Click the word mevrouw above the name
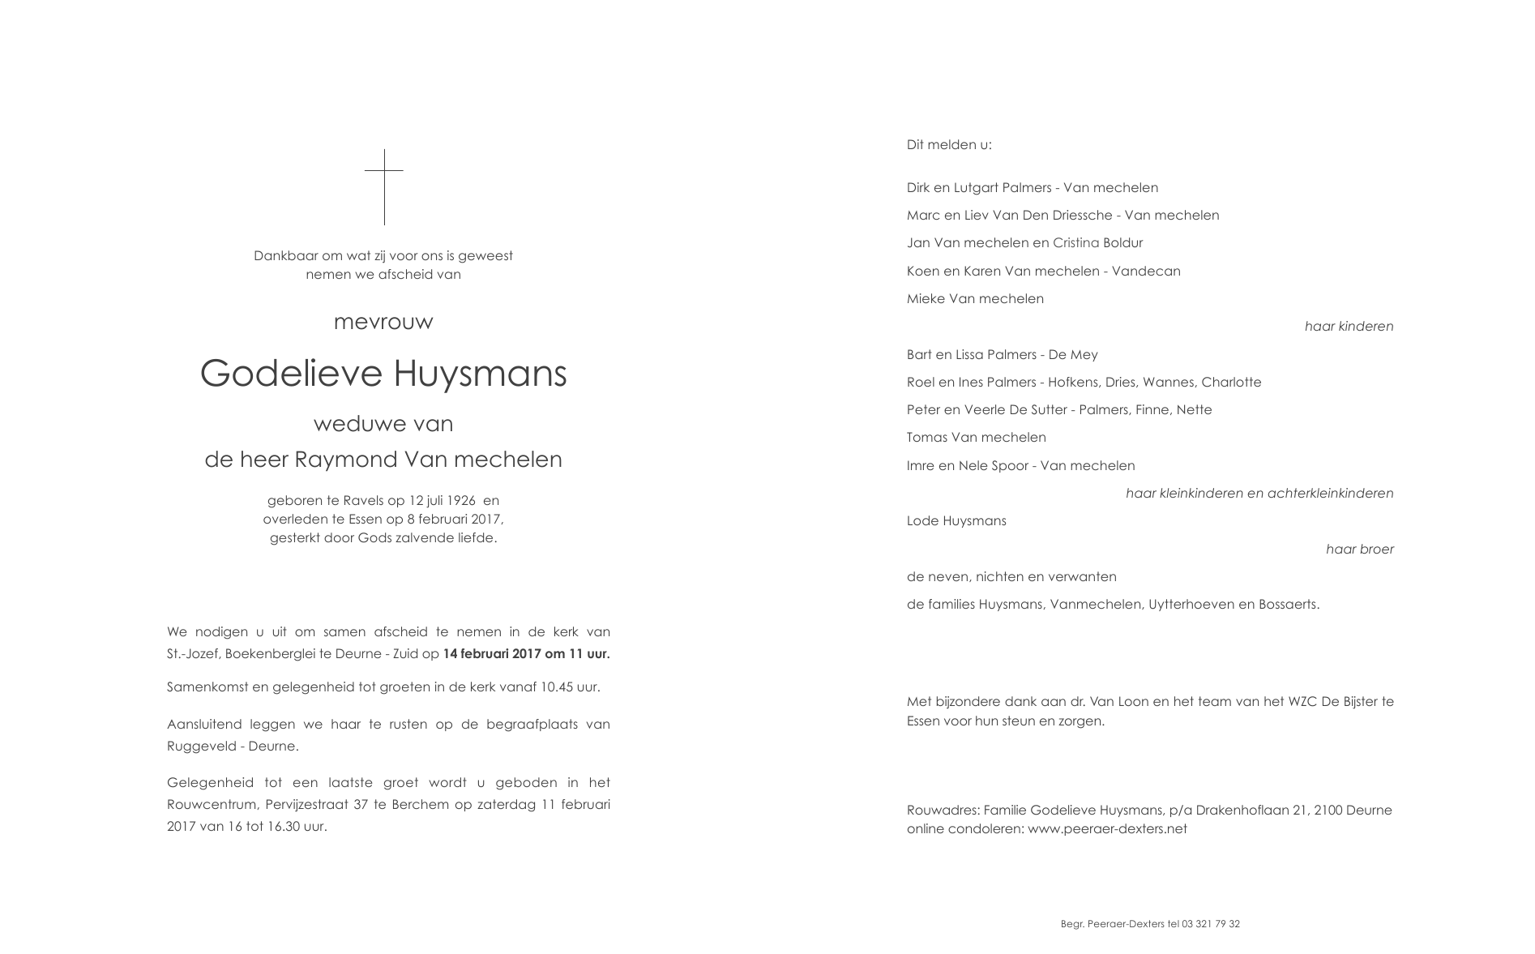[x=383, y=323]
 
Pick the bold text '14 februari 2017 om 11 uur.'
[x=526, y=654]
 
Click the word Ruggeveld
[x=199, y=747]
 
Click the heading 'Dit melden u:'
[x=949, y=145]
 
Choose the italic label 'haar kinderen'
[x=1349, y=327]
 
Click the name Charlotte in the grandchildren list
[x=1231, y=383]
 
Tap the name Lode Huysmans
[x=956, y=521]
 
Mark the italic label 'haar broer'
[x=1359, y=550]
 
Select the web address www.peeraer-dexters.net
[x=1107, y=829]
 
